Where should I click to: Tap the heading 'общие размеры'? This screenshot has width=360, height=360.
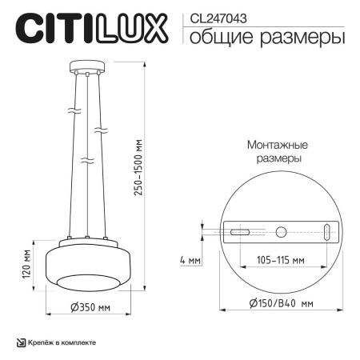point(265,36)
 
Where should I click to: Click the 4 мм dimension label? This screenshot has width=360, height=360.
point(190,260)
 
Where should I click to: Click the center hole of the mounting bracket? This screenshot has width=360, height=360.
point(280,232)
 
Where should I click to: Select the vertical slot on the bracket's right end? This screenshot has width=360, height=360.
point(327,232)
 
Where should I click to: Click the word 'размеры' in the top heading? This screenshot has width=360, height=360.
point(309,36)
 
